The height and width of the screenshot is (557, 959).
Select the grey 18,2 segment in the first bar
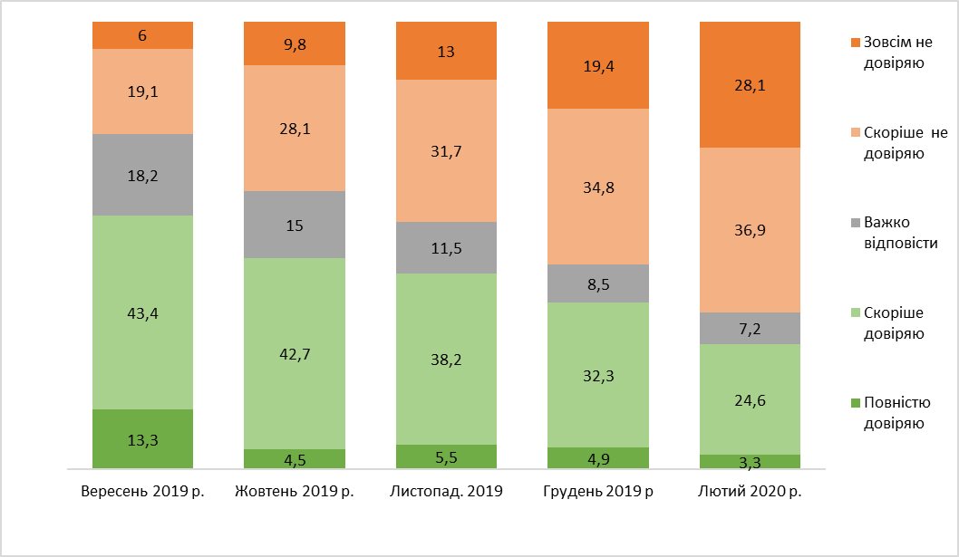[142, 174]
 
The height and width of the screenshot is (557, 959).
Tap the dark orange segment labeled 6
[142, 35]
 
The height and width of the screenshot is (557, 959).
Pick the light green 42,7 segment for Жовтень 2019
[295, 353]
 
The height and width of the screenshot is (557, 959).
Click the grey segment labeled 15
[295, 225]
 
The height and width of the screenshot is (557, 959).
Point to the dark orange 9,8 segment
[295, 43]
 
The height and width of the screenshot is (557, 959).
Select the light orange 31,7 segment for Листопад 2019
[446, 150]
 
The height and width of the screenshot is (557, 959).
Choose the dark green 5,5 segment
[446, 456]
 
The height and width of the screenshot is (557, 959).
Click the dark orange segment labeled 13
[446, 51]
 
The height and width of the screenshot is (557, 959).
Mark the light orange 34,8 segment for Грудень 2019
[597, 187]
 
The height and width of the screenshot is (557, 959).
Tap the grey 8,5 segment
[597, 283]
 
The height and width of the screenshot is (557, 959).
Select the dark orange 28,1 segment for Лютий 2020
[750, 84]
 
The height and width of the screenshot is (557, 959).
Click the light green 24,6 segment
[750, 399]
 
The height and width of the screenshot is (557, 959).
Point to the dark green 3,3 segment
[750, 461]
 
